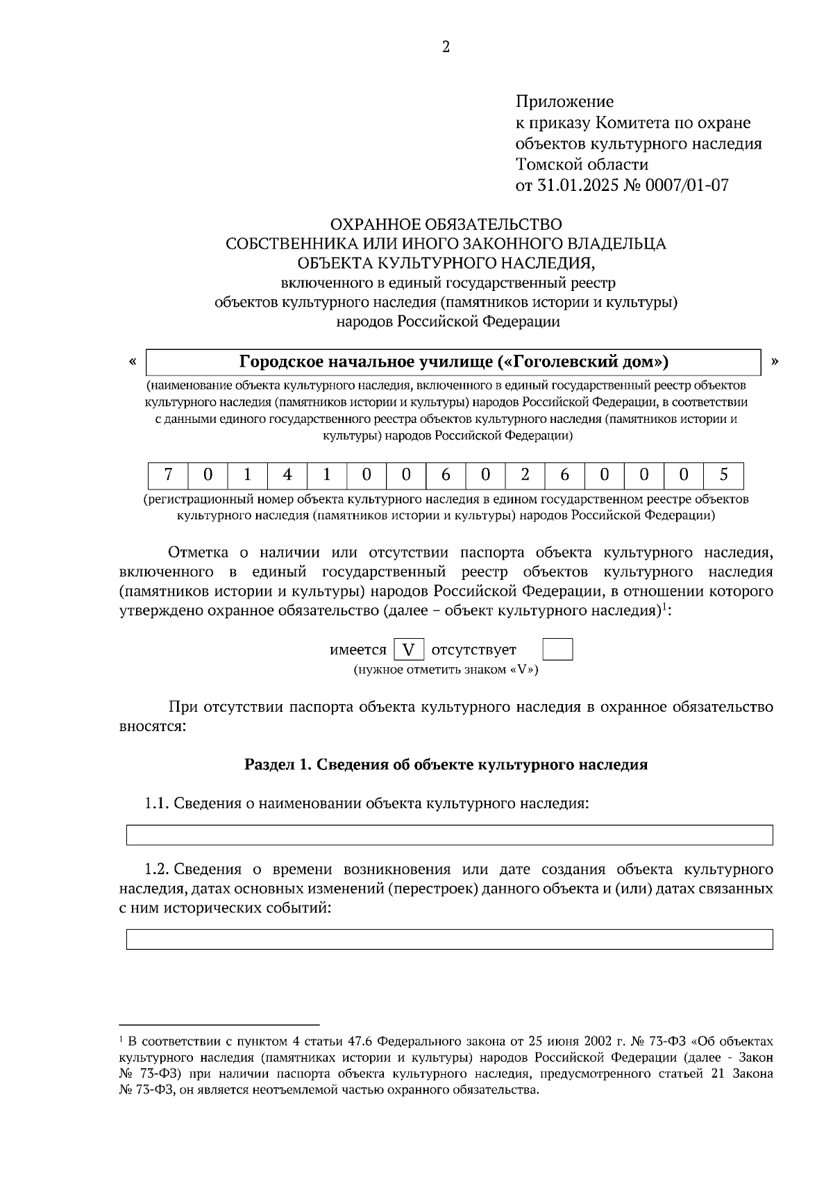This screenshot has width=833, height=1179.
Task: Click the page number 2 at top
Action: pyautogui.click(x=446, y=47)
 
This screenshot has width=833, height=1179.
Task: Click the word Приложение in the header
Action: pyautogui.click(x=564, y=102)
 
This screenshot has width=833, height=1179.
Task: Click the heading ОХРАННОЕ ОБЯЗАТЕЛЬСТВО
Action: pyautogui.click(x=446, y=224)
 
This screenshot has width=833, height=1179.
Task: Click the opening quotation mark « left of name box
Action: pyautogui.click(x=132, y=361)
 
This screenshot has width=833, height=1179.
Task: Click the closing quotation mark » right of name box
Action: pyautogui.click(x=775, y=361)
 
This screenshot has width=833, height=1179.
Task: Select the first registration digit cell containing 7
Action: pyautogui.click(x=168, y=476)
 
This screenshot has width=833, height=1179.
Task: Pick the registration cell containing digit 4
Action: pyautogui.click(x=287, y=476)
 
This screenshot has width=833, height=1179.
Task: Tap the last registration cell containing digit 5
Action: pyautogui.click(x=723, y=476)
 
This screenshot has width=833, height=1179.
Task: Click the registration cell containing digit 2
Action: pyautogui.click(x=525, y=476)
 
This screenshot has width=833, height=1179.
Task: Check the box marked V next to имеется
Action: pyautogui.click(x=409, y=650)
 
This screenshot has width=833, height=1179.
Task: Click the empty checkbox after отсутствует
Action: pyautogui.click(x=557, y=650)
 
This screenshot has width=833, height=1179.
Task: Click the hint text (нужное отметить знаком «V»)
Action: pyautogui.click(x=446, y=670)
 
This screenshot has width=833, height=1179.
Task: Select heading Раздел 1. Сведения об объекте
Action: pyautogui.click(x=446, y=764)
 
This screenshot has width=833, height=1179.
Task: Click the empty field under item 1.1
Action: pyautogui.click(x=449, y=835)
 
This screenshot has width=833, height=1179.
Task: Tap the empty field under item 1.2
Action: pyautogui.click(x=449, y=939)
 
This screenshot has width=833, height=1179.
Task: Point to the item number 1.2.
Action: pyautogui.click(x=157, y=869)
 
